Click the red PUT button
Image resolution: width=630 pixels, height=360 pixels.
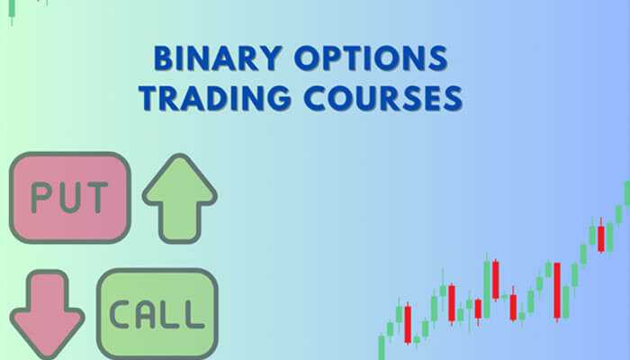pyautogui.click(x=69, y=195)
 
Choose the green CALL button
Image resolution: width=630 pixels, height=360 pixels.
pyautogui.click(x=157, y=312)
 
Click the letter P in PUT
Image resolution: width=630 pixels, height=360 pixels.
pyautogui.click(x=40, y=196)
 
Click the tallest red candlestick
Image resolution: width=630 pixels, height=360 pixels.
pyautogui.click(x=557, y=290)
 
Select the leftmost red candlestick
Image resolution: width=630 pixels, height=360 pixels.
pyautogui.click(x=408, y=324)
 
